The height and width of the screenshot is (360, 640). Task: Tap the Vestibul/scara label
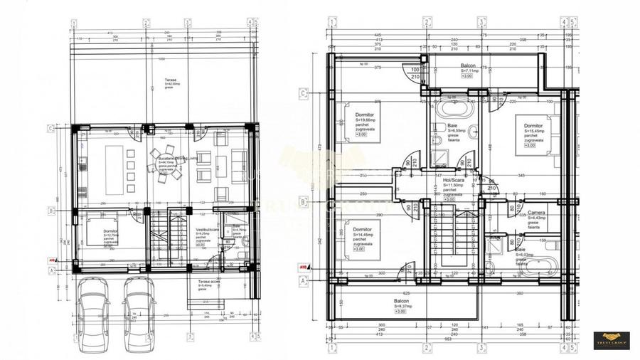tap(207, 233)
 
